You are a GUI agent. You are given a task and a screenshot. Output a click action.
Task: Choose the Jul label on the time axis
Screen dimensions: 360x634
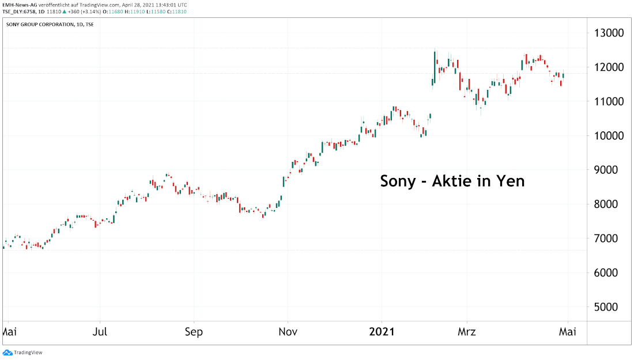[100, 332]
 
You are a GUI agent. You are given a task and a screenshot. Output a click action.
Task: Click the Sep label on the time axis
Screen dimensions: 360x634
[194, 332]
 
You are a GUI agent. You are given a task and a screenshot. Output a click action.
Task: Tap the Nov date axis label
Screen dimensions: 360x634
[288, 332]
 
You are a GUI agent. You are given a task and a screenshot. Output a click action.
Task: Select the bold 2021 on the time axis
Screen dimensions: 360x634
[381, 332]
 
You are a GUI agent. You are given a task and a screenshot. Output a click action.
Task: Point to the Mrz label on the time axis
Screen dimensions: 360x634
[467, 332]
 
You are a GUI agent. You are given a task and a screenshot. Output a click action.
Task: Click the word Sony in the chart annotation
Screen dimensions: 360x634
[398, 181]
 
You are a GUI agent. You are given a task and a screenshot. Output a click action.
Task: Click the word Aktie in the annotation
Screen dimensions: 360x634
[452, 181]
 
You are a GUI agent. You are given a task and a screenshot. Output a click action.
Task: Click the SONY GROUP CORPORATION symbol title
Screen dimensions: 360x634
[40, 24]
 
